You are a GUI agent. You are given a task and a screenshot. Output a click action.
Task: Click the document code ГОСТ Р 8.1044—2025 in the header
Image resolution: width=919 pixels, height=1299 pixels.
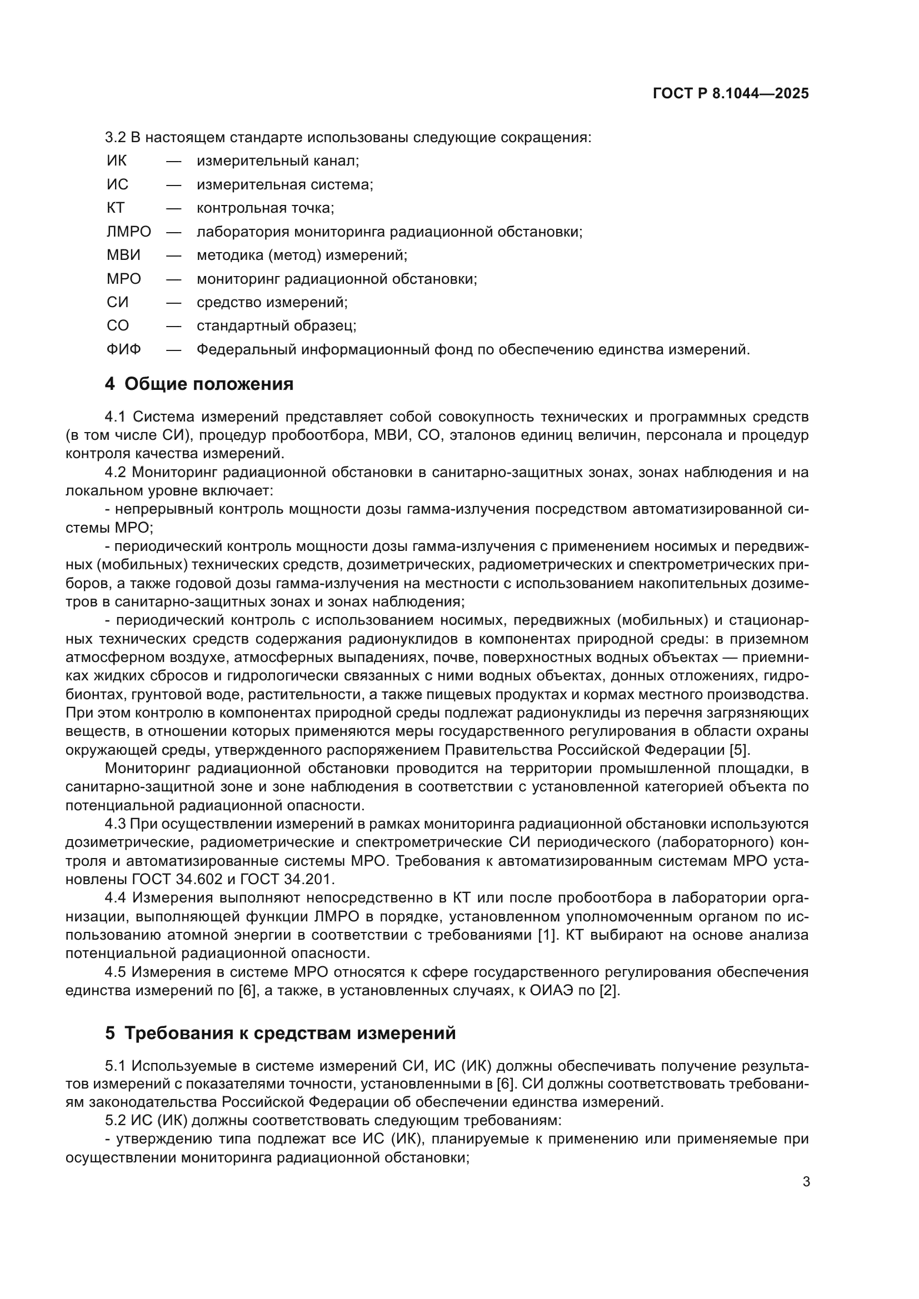coord(731,94)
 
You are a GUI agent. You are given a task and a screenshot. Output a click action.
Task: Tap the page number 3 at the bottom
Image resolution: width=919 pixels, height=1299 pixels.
coord(806,1182)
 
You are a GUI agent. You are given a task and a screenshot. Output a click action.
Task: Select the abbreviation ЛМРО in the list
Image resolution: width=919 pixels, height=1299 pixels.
coord(129,232)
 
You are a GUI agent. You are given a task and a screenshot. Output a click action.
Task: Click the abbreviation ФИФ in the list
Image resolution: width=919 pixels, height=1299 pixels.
coord(124,350)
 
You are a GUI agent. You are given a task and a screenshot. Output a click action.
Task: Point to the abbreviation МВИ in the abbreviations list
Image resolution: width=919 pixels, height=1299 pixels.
coord(123,255)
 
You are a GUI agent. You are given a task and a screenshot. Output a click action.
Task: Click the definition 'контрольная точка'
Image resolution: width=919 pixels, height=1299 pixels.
coord(266,208)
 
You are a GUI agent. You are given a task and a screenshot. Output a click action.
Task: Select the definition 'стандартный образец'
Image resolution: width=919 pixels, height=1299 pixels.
coord(276,326)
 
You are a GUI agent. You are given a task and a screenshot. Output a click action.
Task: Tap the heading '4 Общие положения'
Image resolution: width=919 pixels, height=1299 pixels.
coord(199,384)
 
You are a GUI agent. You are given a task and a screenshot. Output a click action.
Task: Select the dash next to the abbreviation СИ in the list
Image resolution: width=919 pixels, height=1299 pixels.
coord(174,303)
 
